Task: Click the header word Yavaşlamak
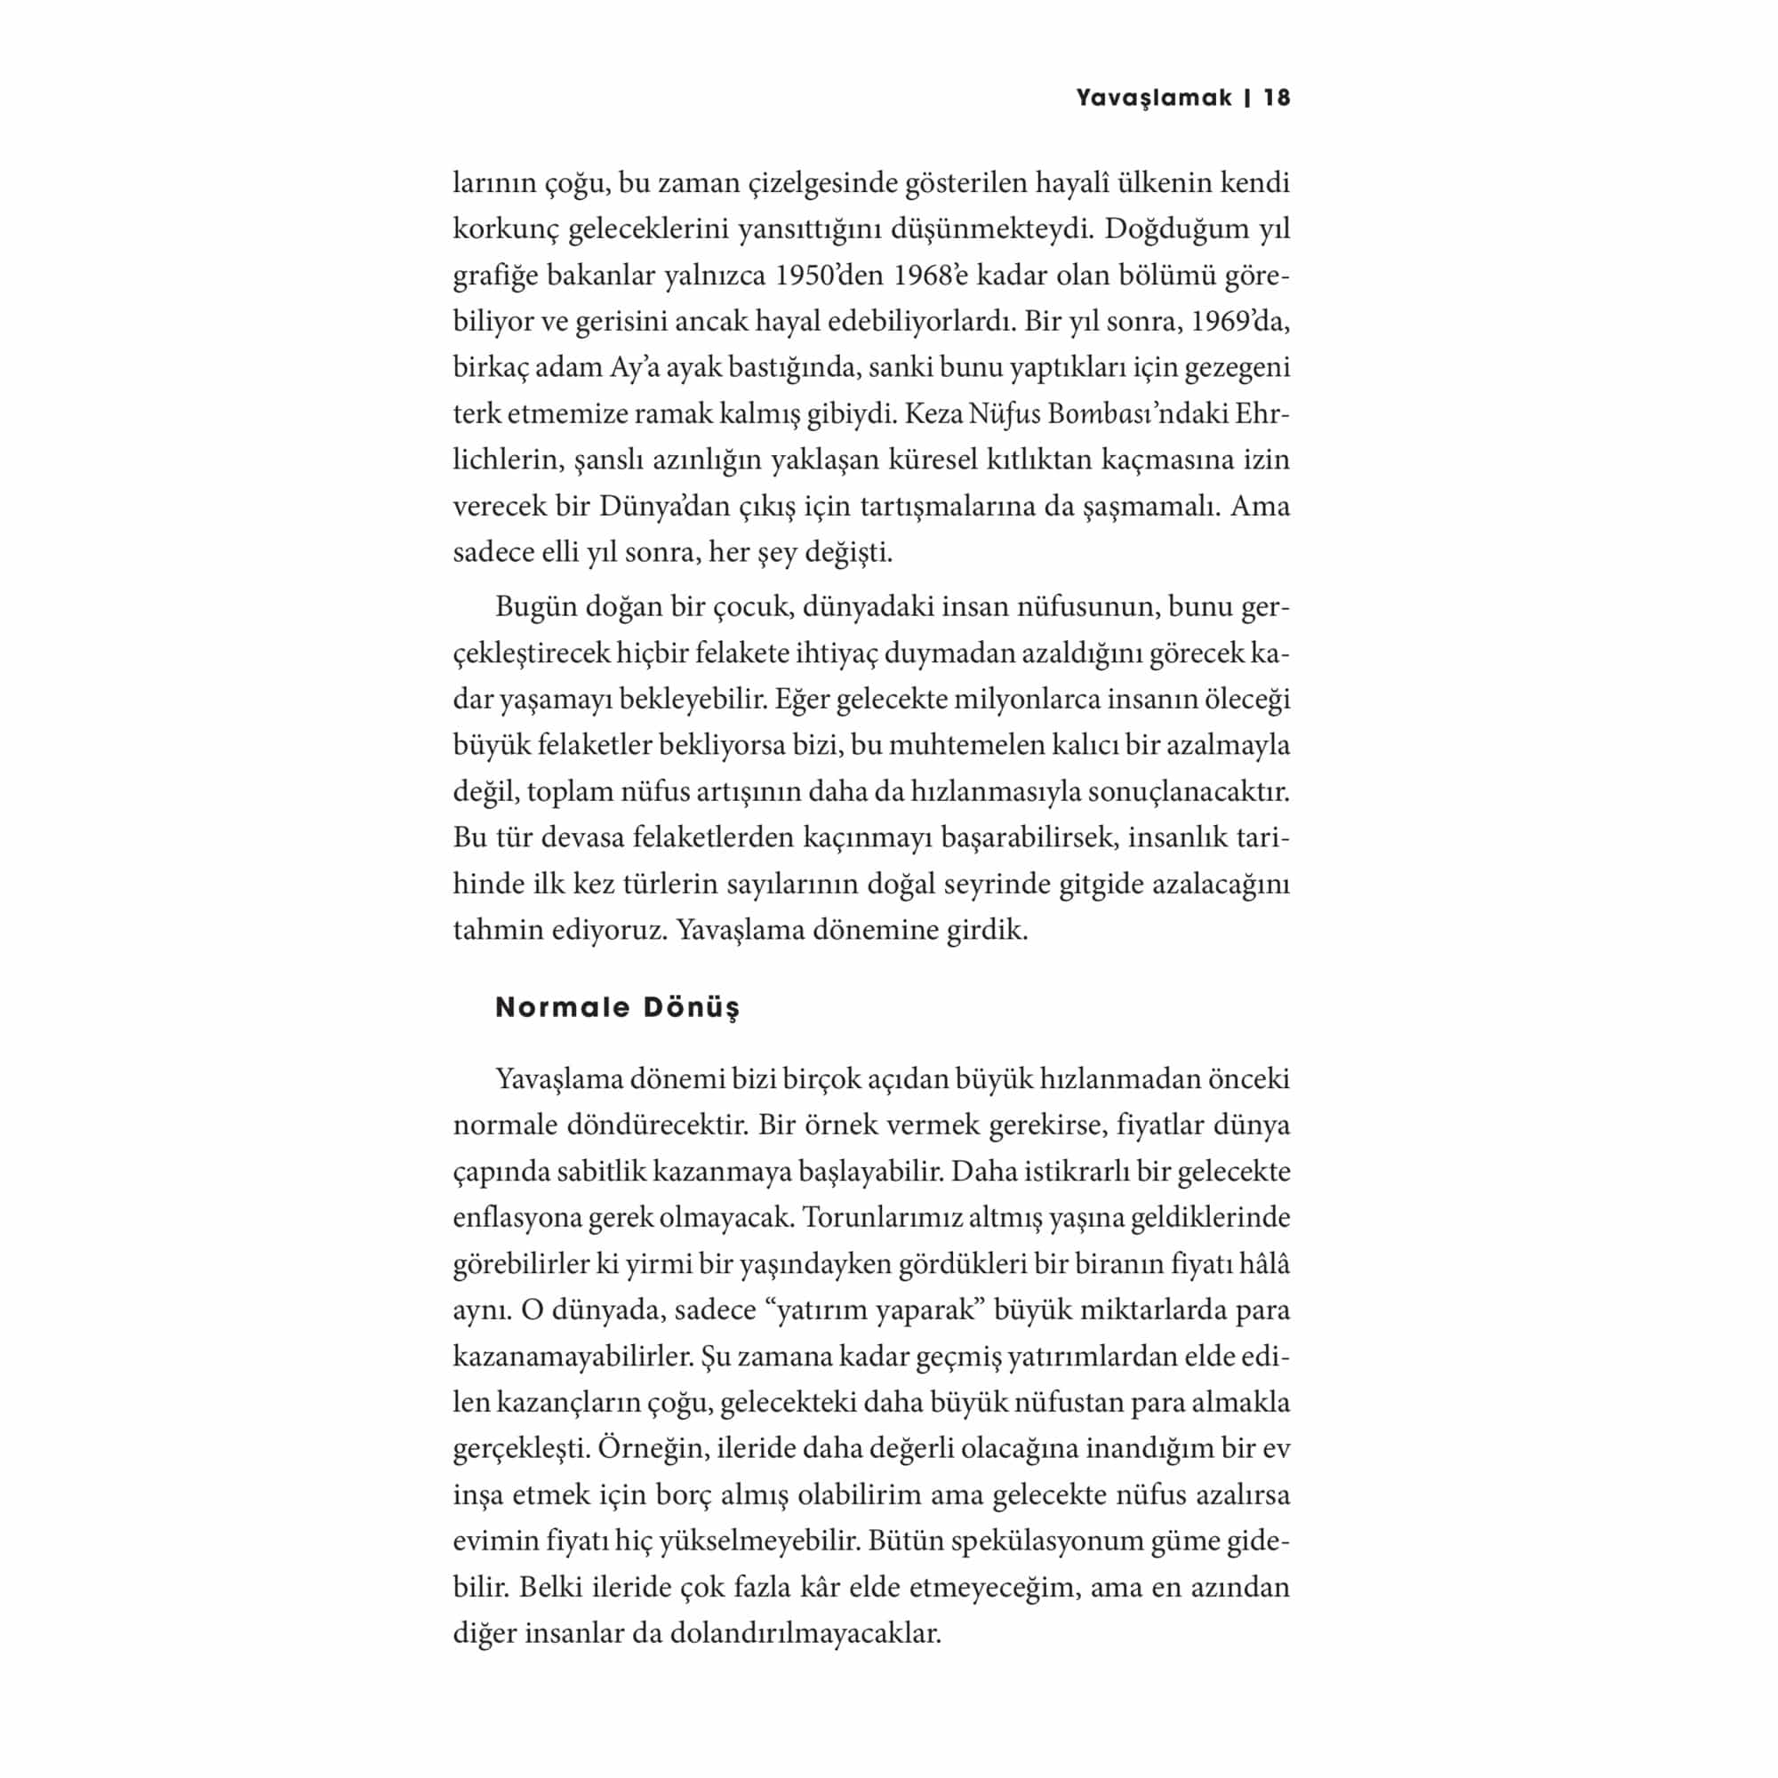1154,99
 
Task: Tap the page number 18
1277,99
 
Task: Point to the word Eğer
801,700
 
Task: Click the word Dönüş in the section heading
690,1007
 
